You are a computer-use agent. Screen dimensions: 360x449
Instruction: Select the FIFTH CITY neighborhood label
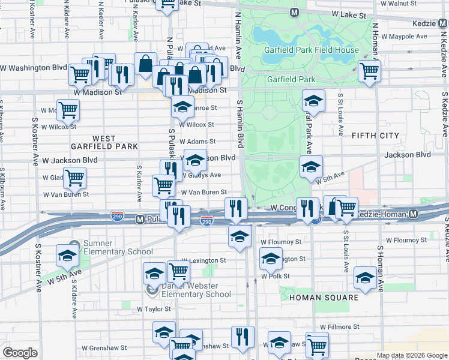click(x=376, y=136)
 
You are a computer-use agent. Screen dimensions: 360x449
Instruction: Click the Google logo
click(x=20, y=353)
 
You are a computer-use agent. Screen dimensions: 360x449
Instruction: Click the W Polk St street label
click(x=276, y=277)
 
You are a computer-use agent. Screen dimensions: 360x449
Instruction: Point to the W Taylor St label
click(x=154, y=310)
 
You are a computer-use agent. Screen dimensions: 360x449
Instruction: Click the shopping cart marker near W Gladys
click(x=74, y=178)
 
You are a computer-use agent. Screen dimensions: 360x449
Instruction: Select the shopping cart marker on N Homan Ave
click(x=369, y=71)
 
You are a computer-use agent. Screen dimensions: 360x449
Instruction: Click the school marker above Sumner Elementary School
click(x=67, y=256)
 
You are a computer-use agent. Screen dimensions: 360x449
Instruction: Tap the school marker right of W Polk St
click(x=364, y=277)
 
